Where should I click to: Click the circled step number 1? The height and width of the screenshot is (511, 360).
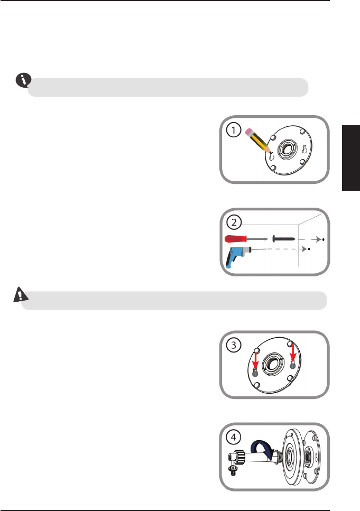(234, 130)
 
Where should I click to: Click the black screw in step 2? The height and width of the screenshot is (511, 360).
(283, 239)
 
